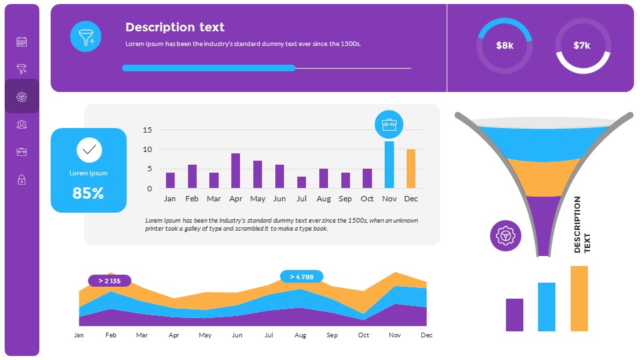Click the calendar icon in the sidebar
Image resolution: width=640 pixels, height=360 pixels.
coord(21,42)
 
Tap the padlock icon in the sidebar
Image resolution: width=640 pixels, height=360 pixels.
coord(21,179)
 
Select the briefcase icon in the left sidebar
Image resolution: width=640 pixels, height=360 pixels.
coord(21,152)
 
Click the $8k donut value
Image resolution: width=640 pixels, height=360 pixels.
coord(505,45)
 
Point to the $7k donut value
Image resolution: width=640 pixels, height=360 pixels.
coord(582,45)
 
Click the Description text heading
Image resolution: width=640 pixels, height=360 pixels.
coord(175,27)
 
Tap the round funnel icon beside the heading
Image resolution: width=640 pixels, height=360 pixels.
coord(86,36)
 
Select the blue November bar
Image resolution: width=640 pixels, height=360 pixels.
coord(389,165)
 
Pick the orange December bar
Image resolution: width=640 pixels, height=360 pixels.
coord(411,169)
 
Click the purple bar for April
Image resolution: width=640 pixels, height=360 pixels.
coord(235,171)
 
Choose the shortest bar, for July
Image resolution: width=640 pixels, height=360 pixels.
coord(301,182)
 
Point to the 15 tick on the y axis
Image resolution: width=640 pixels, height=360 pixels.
coord(148,130)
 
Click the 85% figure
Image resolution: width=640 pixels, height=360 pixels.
coord(88,193)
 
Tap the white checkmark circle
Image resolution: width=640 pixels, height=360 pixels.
coord(89,150)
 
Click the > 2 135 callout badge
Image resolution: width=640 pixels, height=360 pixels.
coord(109,281)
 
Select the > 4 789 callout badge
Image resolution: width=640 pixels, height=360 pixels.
coord(301,276)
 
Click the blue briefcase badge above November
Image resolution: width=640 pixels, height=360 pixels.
coord(389,124)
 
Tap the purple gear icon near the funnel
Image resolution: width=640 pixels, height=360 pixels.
coord(505,235)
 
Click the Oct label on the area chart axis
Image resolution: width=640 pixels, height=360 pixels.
coord(363,335)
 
